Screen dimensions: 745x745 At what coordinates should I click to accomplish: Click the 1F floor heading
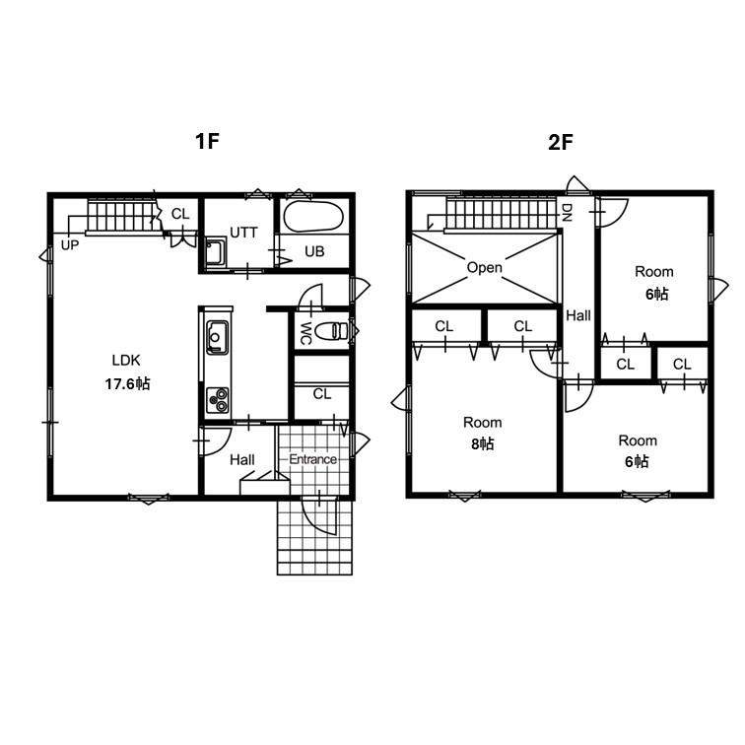click(x=207, y=141)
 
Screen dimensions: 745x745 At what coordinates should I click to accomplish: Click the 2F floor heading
click(x=561, y=142)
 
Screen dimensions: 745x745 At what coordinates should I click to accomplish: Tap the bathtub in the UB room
click(x=313, y=217)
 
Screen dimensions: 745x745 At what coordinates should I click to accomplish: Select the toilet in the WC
click(x=333, y=331)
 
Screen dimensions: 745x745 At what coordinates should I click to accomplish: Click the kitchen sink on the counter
click(x=217, y=337)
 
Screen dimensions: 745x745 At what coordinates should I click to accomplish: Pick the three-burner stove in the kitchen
click(x=217, y=400)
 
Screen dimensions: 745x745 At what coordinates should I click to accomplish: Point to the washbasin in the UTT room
click(x=216, y=252)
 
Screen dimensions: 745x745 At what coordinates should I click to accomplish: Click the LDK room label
click(x=126, y=360)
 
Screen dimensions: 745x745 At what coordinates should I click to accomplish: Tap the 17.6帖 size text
click(x=127, y=383)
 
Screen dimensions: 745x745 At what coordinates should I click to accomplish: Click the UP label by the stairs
click(x=70, y=245)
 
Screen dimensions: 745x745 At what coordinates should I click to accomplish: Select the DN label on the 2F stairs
click(x=567, y=213)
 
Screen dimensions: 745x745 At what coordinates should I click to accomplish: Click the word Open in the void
click(x=484, y=267)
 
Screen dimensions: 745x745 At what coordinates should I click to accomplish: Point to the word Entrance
click(x=312, y=459)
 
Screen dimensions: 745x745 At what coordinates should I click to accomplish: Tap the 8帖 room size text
click(x=482, y=443)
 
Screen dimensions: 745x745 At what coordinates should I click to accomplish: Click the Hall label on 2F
click(x=578, y=315)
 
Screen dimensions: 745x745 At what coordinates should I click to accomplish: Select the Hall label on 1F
click(x=242, y=460)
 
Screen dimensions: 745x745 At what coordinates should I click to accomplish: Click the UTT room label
click(x=243, y=233)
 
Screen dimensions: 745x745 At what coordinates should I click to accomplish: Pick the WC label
click(x=305, y=333)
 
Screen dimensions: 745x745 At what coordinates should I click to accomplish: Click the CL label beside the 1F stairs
click(x=180, y=214)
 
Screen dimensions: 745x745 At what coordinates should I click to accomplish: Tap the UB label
click(x=314, y=251)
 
